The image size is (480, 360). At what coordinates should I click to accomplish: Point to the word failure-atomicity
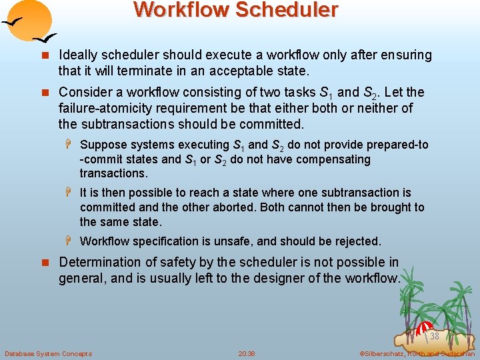[x=107, y=108]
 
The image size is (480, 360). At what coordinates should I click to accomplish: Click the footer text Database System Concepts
[x=48, y=353]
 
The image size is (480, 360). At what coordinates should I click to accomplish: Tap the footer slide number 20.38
[x=247, y=353]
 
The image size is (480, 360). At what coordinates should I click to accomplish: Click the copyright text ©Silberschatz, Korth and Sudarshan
[x=417, y=353]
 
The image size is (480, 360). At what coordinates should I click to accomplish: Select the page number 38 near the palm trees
[x=434, y=336]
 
